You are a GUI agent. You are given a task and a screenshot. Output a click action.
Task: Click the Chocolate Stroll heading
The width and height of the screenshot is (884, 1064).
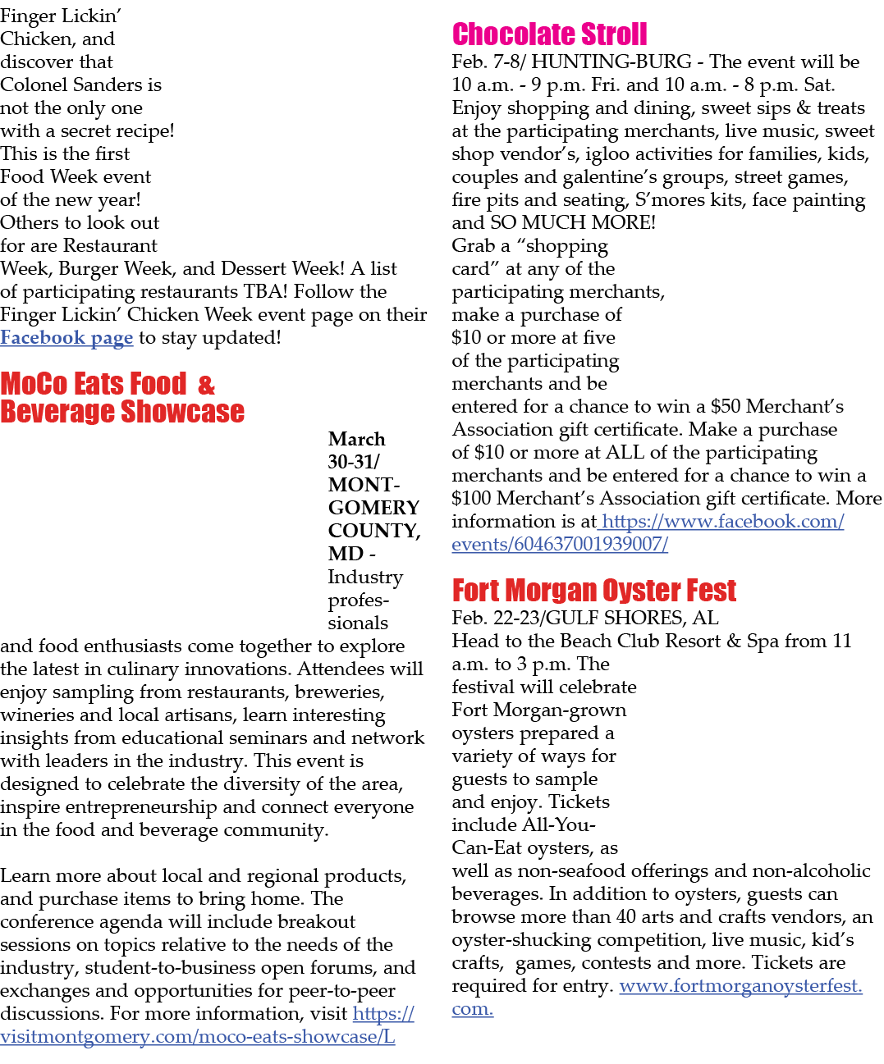549,34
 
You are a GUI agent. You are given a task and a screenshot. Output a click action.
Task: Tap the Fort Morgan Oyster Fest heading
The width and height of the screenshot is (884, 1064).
594,591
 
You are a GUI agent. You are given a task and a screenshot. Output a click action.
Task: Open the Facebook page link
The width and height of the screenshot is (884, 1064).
66,338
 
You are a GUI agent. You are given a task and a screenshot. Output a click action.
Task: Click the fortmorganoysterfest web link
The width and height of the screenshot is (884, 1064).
657,998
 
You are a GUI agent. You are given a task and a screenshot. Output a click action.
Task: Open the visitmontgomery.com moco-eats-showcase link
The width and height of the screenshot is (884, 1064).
207,1025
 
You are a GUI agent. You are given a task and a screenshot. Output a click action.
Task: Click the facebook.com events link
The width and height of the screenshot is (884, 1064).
648,533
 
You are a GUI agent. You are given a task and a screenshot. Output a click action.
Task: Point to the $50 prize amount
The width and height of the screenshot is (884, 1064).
726,407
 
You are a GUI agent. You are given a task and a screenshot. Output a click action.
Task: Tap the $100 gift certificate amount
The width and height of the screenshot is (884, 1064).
472,499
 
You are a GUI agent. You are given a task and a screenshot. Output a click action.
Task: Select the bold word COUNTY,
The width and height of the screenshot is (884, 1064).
374,531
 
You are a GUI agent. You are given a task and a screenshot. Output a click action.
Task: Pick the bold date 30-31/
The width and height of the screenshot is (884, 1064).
354,462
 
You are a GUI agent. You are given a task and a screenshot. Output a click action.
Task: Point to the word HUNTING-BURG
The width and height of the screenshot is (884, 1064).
611,62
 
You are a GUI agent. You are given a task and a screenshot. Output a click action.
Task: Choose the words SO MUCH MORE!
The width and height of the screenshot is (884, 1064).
573,222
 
